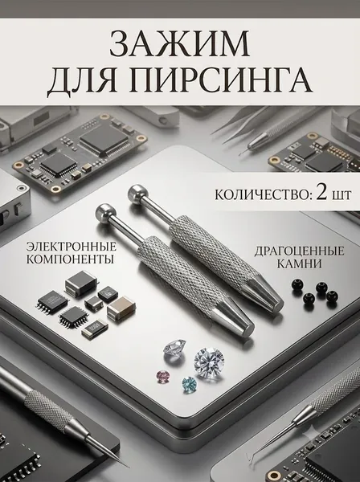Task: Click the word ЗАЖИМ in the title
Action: [179, 44]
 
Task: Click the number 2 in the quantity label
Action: [321, 194]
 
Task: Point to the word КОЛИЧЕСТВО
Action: [261, 194]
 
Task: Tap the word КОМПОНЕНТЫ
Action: [71, 259]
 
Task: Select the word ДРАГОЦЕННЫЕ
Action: [299, 251]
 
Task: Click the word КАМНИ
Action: [299, 263]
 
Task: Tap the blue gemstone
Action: [189, 385]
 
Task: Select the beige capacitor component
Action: [122, 308]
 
